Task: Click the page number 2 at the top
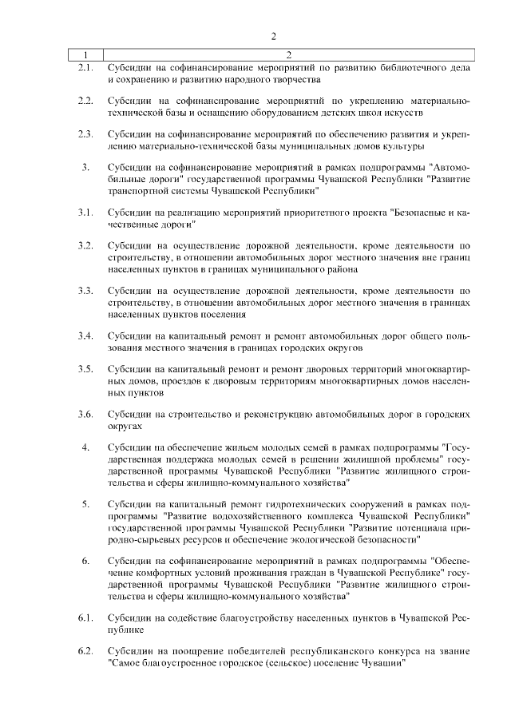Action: coord(273,36)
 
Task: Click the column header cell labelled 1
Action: coord(85,54)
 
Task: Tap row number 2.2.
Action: coord(85,101)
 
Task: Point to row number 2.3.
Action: coord(85,134)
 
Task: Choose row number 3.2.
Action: coord(85,245)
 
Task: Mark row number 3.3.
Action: coord(85,290)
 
